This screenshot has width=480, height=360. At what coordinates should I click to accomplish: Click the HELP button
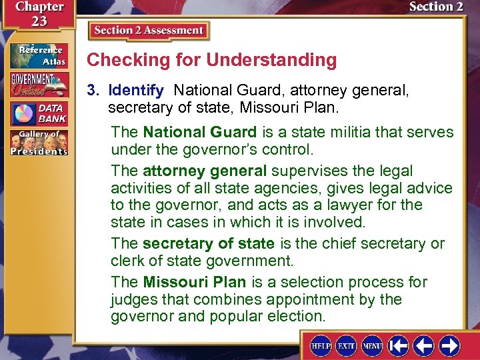tap(323, 346)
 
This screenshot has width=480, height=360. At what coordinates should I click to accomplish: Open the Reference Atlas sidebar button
tap(38, 56)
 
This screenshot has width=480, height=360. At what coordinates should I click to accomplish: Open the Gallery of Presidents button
tap(38, 143)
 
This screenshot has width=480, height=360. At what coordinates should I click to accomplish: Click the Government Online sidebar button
tap(38, 85)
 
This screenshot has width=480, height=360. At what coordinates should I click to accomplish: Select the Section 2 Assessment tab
tap(148, 31)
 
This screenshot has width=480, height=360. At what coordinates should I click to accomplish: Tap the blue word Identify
tap(136, 89)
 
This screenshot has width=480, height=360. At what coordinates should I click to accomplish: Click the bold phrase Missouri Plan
tap(195, 282)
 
